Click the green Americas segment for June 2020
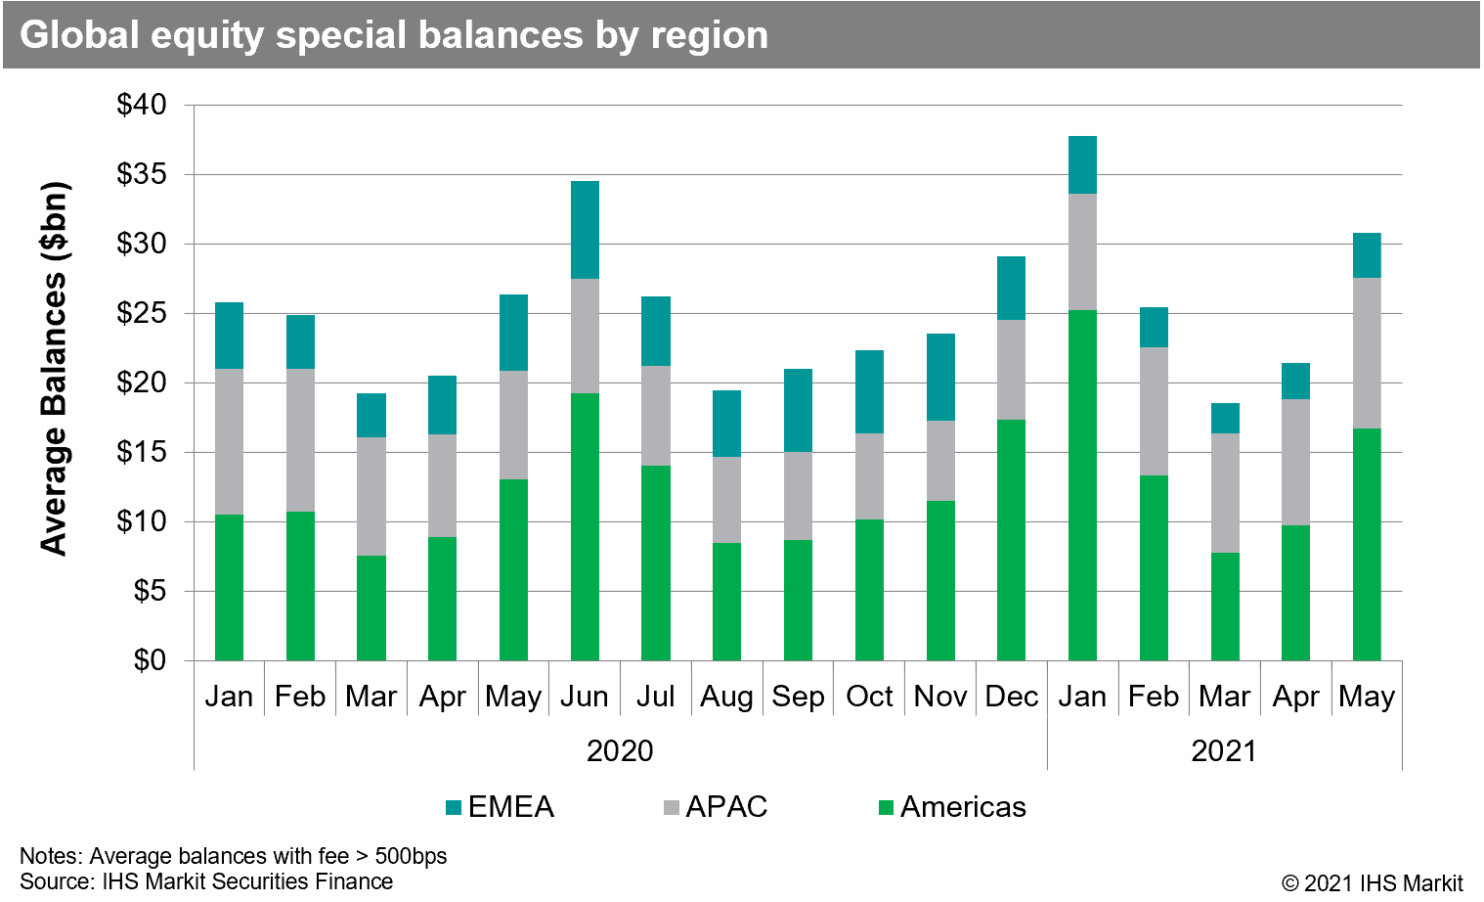tap(585, 526)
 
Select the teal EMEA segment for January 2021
tap(1082, 165)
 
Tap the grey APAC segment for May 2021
tap(1367, 353)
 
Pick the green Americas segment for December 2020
tap(1011, 540)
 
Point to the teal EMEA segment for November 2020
tap(940, 378)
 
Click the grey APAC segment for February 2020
tap(300, 440)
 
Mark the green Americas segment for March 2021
tap(1225, 607)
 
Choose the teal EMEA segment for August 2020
tap(726, 424)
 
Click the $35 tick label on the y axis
tap(142, 175)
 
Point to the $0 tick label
tap(150, 661)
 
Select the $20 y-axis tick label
tap(142, 383)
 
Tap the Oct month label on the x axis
tap(869, 697)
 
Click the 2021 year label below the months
tap(1224, 751)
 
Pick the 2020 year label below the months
tap(620, 751)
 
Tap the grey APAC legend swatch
tap(671, 808)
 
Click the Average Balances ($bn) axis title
tap(55, 369)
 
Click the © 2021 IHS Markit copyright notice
tap(1372, 882)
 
